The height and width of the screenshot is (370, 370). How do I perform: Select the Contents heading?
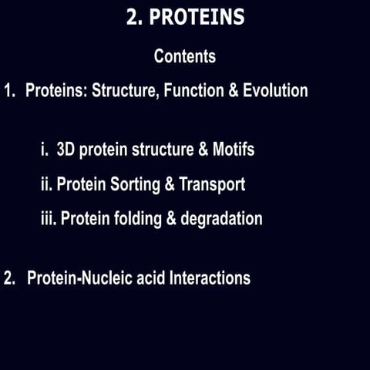185,56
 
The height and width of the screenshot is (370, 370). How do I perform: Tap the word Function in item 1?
193,91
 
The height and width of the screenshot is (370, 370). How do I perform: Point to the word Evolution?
275,91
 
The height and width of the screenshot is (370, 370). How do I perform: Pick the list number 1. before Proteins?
9,91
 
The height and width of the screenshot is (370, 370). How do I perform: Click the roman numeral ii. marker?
46,184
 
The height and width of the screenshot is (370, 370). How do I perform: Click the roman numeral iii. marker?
48,219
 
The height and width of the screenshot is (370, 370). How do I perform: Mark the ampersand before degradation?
170,219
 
